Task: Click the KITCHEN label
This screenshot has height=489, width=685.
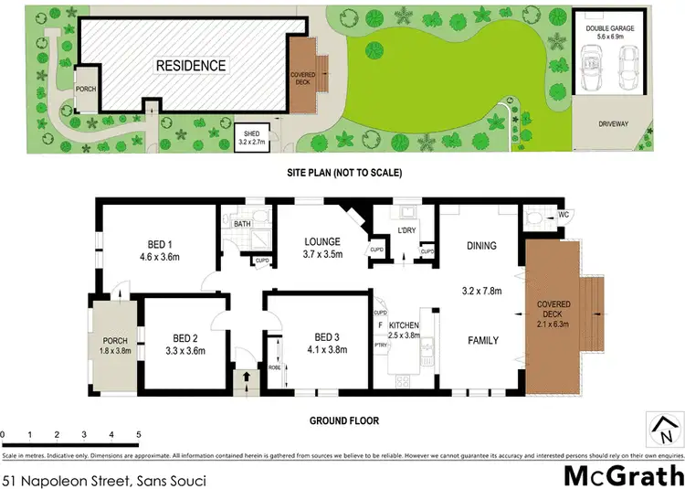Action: (x=404, y=325)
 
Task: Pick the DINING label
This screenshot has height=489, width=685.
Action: (x=481, y=245)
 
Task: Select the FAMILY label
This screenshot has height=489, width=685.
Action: (x=483, y=340)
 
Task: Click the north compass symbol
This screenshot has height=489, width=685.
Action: (x=664, y=426)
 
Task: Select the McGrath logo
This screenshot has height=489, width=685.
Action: (x=622, y=474)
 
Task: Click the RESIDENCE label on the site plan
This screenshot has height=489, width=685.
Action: (x=190, y=66)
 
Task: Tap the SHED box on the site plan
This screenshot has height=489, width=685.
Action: (x=251, y=137)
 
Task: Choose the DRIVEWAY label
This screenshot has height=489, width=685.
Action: (x=613, y=123)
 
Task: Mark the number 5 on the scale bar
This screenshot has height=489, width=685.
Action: (x=138, y=434)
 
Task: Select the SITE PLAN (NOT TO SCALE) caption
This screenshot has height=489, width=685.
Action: (x=342, y=172)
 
